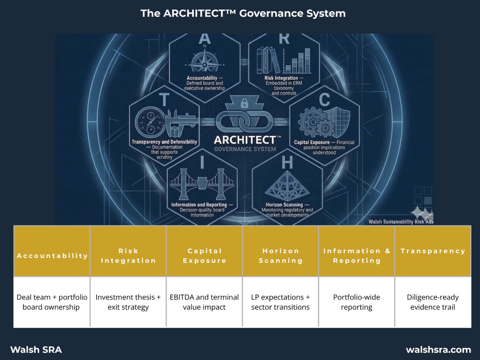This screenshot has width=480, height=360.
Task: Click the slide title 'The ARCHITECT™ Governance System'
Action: (x=243, y=13)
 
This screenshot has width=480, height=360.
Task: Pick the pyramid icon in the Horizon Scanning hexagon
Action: (x=287, y=185)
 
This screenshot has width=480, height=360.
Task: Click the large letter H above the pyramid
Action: (x=287, y=163)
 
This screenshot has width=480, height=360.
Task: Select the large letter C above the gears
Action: (x=324, y=100)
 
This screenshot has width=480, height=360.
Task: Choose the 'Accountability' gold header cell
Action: (x=52, y=256)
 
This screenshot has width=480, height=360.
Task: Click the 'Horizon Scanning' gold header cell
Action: (x=281, y=256)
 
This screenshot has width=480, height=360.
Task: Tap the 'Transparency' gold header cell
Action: (x=433, y=251)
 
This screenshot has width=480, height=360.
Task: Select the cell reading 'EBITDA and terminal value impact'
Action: (x=204, y=302)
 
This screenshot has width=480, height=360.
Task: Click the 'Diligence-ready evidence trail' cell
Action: (x=433, y=302)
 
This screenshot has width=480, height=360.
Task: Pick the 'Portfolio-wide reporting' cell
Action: (x=356, y=302)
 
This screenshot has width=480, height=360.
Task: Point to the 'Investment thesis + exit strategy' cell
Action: (x=128, y=302)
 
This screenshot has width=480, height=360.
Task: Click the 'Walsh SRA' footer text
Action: (x=36, y=350)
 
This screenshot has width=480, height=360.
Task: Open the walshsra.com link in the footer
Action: (x=438, y=350)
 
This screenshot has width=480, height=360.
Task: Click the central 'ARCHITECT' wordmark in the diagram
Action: (x=245, y=140)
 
